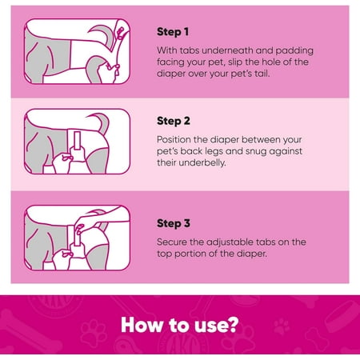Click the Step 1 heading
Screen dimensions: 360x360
coord(173,32)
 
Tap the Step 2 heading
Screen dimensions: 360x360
coord(174,121)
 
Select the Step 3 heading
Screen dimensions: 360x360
coord(174,223)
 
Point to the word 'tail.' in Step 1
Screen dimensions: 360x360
coord(262,74)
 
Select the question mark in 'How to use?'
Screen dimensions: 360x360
coord(233,325)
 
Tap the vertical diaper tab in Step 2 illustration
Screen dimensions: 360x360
coord(78,141)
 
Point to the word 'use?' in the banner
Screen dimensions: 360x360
coord(216,325)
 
